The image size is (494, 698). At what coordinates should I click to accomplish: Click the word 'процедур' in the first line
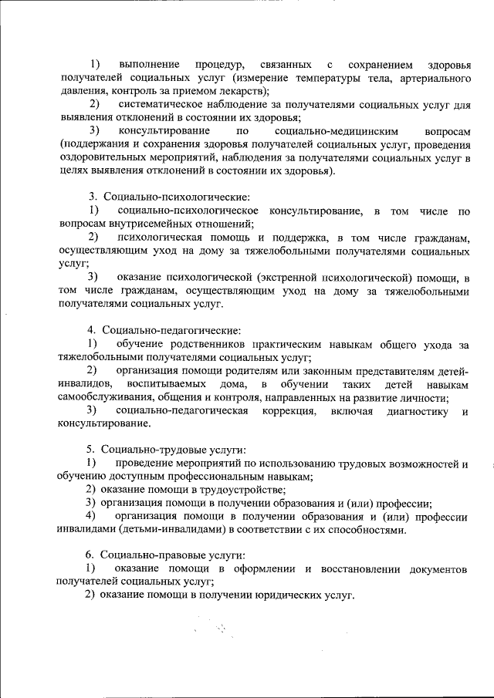[x=220, y=63]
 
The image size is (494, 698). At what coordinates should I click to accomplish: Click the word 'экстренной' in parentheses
[x=289, y=277]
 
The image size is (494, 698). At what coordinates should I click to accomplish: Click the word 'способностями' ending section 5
[x=367, y=530]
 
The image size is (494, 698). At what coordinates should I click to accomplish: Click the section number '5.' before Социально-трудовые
[x=90, y=450]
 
